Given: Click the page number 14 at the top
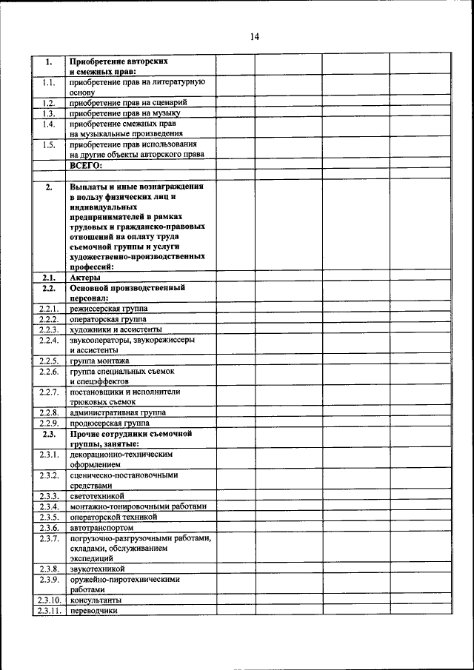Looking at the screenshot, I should [x=254, y=36].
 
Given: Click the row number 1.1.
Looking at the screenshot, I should [x=49, y=83].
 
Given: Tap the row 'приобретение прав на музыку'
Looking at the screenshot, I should [x=124, y=113].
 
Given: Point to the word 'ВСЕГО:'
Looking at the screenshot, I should [x=87, y=166].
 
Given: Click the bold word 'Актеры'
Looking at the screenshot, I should [x=85, y=277].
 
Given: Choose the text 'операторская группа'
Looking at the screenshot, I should [x=108, y=318].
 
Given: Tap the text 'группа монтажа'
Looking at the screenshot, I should [x=99, y=361].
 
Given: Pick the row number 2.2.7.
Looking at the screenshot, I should [x=49, y=392].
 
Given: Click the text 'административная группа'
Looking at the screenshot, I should [x=118, y=412].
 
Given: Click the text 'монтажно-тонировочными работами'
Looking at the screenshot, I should [x=138, y=506].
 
